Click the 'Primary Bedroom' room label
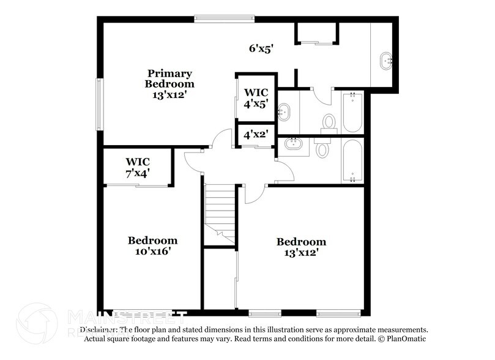coord(169,79)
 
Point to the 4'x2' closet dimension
coord(256,133)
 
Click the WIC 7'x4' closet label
coord(138,167)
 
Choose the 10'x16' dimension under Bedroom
coord(152,251)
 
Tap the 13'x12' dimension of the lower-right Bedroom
coord(301,252)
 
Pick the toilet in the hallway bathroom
coord(323,148)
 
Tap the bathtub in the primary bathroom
coord(352,111)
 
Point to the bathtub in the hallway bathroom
coord(352,160)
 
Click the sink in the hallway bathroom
coord(294,145)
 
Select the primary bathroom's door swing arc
coord(321,95)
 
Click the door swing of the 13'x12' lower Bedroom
coord(253,195)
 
